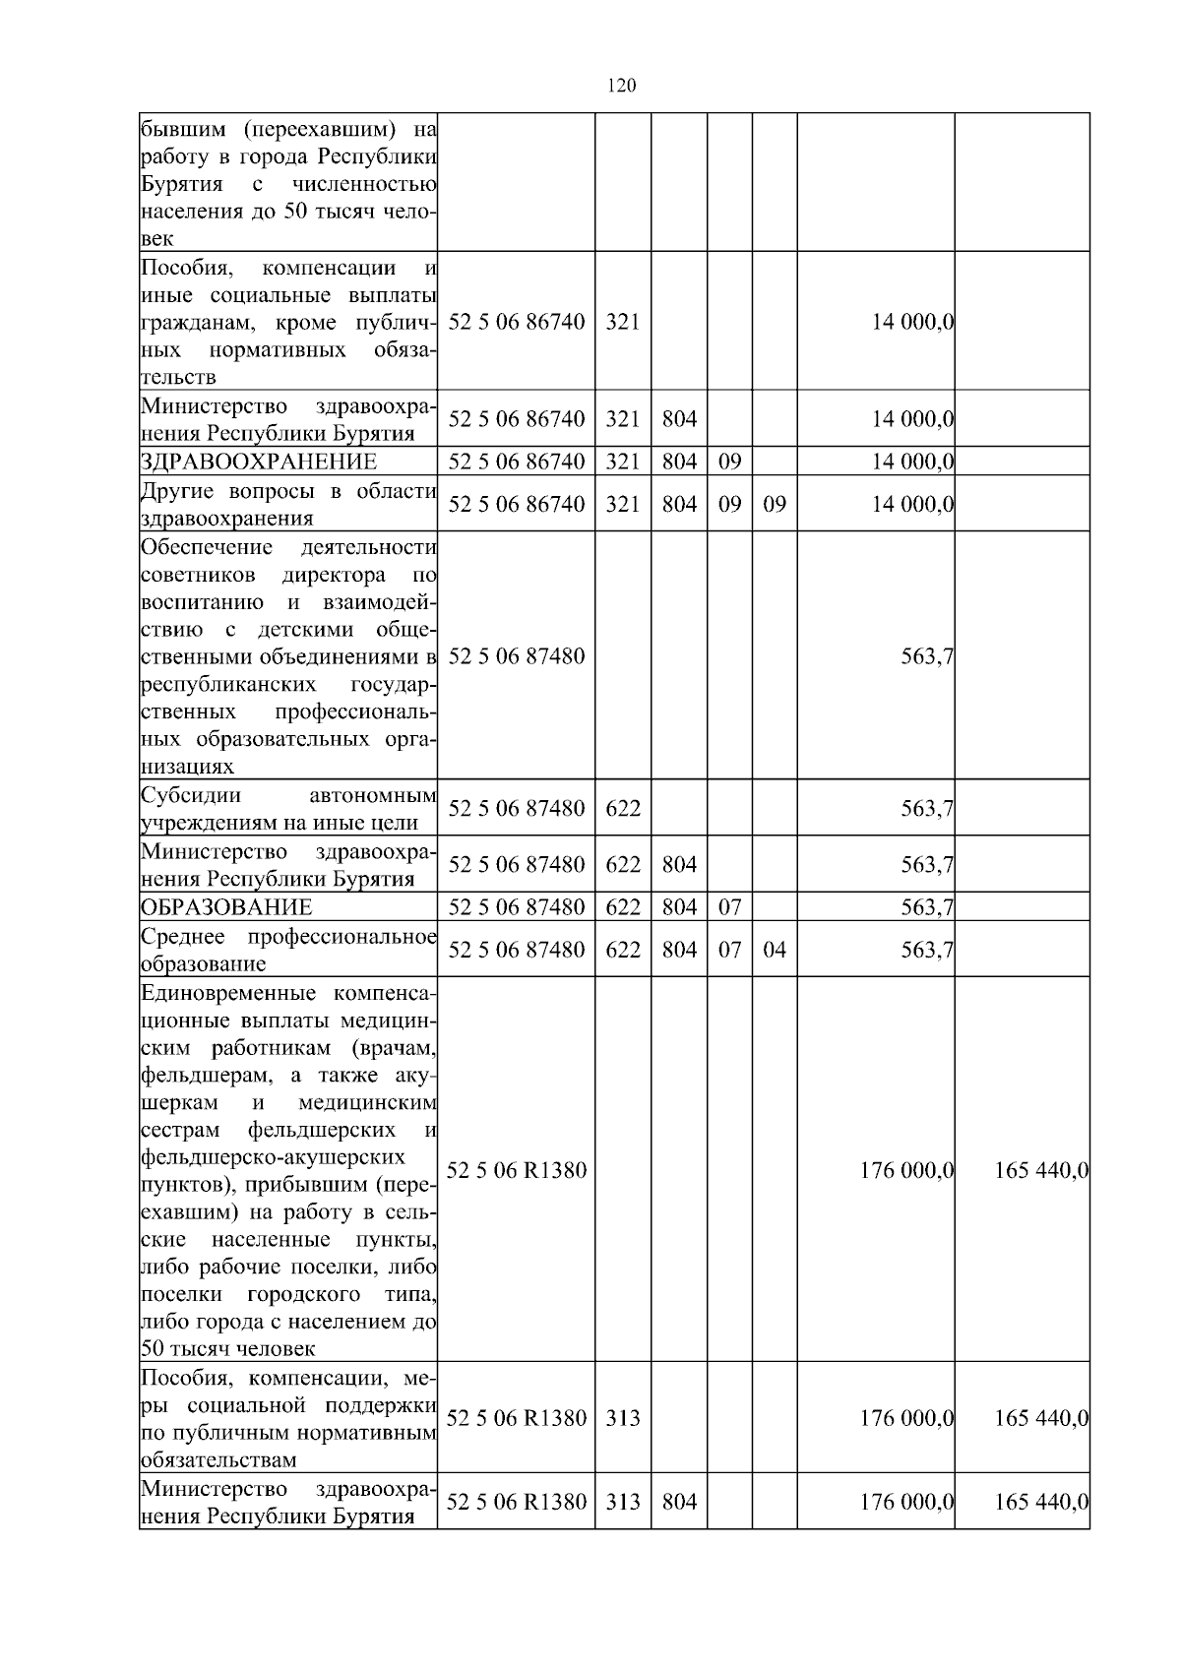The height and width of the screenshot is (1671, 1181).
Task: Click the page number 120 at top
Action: (621, 86)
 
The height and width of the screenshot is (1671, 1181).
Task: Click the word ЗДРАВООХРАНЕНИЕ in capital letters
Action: (259, 463)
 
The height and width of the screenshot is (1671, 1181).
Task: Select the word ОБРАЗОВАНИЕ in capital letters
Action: (226, 907)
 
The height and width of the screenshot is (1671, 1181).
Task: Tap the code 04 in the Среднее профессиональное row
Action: (775, 950)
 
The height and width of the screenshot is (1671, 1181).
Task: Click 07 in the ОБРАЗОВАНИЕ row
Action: (729, 907)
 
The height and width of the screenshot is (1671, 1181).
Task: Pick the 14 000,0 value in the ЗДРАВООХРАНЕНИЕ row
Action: (912, 463)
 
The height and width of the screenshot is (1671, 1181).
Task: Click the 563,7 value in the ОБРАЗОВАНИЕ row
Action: (926, 907)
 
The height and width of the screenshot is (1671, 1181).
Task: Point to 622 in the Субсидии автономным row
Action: (623, 809)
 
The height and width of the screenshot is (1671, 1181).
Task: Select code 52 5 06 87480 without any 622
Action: (517, 655)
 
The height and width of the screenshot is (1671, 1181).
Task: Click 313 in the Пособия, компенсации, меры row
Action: (623, 1418)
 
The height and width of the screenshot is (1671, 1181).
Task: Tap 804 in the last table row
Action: (679, 1502)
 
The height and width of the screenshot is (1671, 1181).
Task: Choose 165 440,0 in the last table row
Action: (1040, 1502)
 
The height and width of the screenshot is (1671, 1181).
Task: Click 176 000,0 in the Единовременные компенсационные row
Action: (906, 1171)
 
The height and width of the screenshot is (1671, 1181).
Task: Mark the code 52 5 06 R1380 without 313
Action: (517, 1171)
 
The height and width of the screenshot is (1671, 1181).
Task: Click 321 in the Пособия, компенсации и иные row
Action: (623, 322)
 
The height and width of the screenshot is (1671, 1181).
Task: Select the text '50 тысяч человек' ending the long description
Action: (228, 1349)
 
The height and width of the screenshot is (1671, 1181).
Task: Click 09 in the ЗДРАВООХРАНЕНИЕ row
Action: (729, 463)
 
